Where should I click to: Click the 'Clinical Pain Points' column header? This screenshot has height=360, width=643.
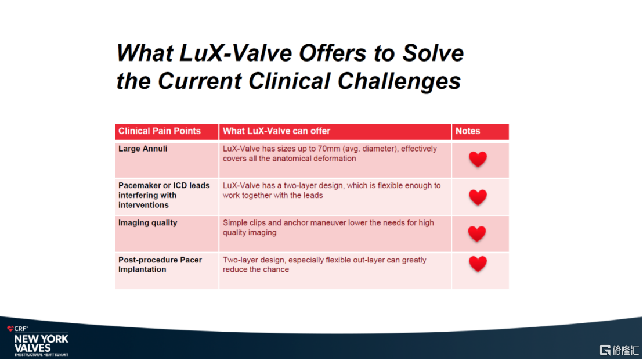[160, 131]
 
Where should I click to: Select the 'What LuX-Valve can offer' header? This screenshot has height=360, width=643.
[277, 131]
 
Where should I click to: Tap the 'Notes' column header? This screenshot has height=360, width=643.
[468, 131]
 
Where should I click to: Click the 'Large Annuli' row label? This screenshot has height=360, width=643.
[143, 149]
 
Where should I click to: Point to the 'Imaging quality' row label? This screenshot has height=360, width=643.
[148, 223]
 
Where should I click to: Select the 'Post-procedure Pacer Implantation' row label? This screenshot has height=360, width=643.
[160, 265]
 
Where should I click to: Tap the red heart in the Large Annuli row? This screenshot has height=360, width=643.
[478, 159]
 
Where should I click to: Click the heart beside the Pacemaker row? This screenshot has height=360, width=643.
[478, 197]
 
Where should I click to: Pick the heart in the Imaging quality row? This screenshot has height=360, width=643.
[477, 233]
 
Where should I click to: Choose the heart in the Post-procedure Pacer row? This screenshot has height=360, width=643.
[478, 264]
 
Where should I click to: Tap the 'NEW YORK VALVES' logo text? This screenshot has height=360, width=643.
[41, 343]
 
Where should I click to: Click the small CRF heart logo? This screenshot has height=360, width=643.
[10, 329]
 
